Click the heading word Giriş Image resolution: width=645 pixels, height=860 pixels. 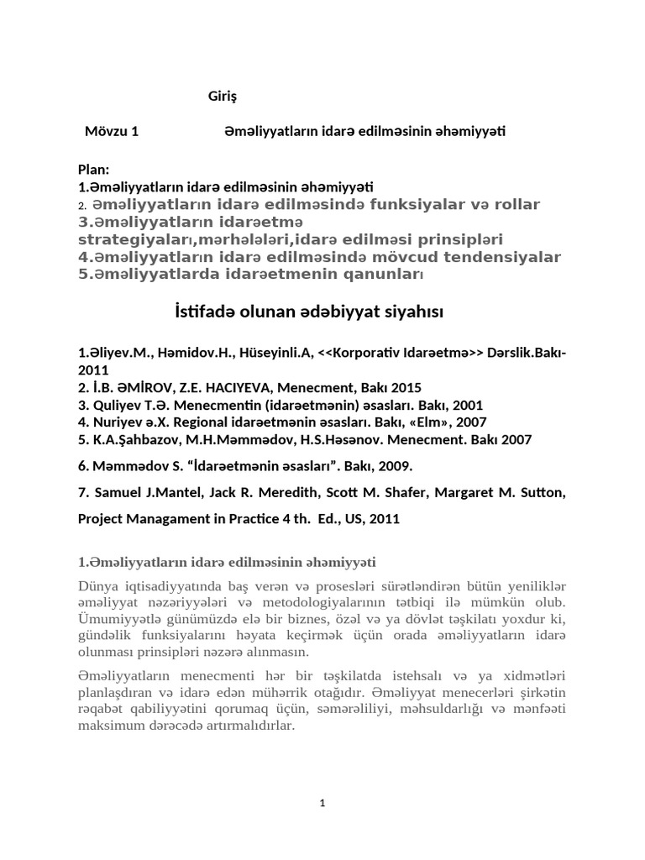(x=223, y=97)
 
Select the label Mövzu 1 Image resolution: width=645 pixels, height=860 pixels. (x=112, y=131)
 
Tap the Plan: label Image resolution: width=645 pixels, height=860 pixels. (x=94, y=170)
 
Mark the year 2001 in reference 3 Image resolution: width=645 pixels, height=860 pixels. (x=467, y=405)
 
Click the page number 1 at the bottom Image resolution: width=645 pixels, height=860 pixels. (x=322, y=803)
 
